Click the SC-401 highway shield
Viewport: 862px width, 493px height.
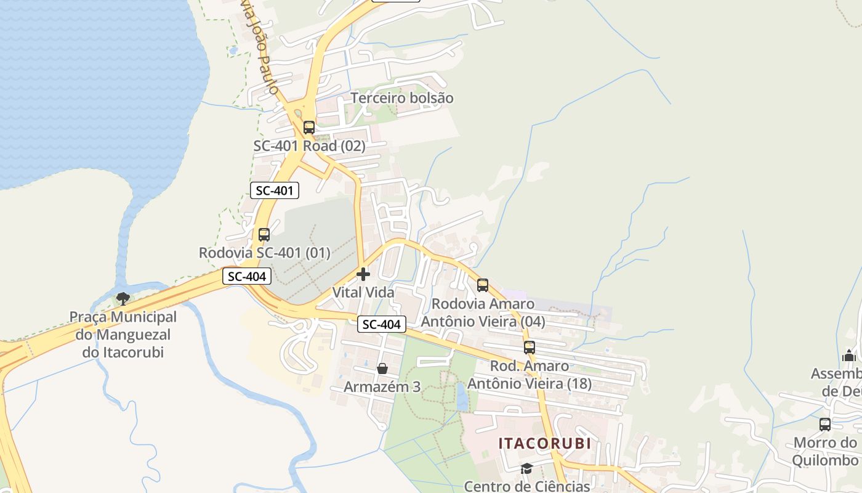coord(275,190)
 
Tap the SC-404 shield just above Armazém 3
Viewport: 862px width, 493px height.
coord(382,324)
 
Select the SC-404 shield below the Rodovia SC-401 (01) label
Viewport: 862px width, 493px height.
coord(247,277)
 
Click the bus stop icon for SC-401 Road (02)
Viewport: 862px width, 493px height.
coord(309,128)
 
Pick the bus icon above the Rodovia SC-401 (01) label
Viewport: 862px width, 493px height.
coord(264,235)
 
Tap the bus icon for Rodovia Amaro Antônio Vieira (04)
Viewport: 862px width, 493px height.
coord(483,285)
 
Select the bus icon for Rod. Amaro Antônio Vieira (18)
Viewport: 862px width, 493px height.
coord(530,348)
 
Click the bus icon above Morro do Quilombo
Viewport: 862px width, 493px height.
coord(825,425)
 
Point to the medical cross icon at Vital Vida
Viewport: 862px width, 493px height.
coord(363,274)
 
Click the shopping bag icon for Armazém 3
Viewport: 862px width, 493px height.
coord(382,369)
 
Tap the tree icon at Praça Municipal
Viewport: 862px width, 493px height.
coord(123,299)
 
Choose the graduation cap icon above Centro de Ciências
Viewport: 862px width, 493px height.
coord(526,469)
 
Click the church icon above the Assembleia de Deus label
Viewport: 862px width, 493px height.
coord(849,356)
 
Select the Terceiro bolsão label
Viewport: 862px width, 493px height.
coord(402,98)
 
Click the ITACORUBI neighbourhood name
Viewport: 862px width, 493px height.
coord(544,443)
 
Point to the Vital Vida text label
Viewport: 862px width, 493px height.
coord(363,292)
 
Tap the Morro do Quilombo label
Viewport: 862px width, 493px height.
coord(825,451)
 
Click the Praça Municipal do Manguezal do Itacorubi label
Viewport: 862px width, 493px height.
coord(123,335)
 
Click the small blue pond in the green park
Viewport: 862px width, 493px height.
coord(462,396)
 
